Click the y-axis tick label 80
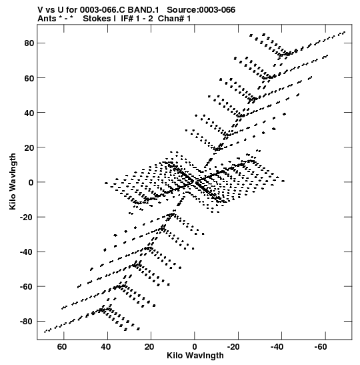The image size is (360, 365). coord(29,43)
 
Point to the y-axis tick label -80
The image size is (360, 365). coord(27,322)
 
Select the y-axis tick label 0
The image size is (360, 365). coord(31,183)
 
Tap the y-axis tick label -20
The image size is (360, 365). coord(27,217)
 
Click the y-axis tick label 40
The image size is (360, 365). coord(29,113)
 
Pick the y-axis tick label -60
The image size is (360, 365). coord(27,287)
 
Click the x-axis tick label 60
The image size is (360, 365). coord(62,347)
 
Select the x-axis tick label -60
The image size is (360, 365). coord(321,347)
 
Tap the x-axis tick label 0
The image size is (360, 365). coord(195,347)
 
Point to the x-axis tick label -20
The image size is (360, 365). coord(234,347)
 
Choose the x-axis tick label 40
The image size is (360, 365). coord(105,347)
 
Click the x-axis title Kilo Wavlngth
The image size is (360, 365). coord(195,356)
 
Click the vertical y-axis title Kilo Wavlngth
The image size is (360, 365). coord(13,181)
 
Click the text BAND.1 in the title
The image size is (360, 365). coord(143,10)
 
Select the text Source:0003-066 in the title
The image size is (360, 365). coord(201,10)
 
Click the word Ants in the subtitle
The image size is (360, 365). coord(47,19)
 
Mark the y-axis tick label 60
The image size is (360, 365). coord(29,78)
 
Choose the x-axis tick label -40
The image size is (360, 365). coord(277,347)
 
